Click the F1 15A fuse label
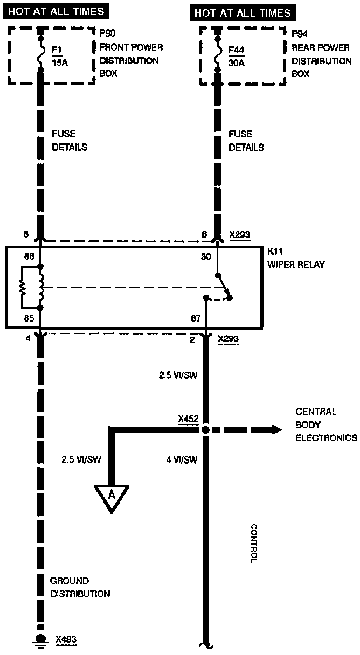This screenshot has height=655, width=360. (58, 56)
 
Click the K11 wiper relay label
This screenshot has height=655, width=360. (296, 258)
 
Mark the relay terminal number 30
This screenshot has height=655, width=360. (206, 257)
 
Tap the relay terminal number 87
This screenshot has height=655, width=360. (196, 318)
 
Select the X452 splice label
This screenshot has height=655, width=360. (189, 418)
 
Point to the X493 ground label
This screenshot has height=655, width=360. (66, 639)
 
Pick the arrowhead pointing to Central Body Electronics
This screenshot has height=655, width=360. (276, 429)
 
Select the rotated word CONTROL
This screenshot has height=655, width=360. (254, 543)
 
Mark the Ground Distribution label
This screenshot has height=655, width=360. (80, 588)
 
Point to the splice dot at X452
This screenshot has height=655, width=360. (205, 430)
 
